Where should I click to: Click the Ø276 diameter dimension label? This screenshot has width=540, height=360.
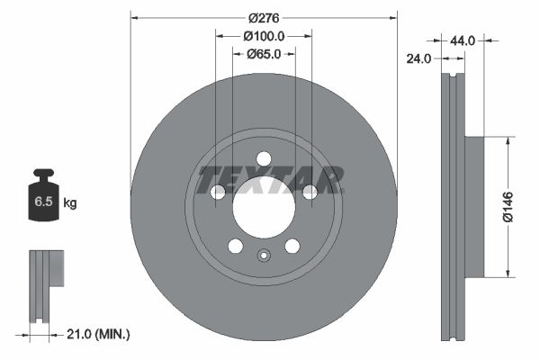(263, 17)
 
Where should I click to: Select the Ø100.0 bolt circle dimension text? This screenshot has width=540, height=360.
(264, 36)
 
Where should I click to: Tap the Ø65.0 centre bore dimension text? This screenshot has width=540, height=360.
(264, 54)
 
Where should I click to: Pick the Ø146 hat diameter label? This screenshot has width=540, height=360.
(508, 206)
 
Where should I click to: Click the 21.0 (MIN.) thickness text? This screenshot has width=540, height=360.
(99, 335)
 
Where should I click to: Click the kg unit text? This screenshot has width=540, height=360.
(70, 203)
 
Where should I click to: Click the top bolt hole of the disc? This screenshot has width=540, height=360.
(263, 158)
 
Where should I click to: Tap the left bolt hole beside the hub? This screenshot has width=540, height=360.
(217, 192)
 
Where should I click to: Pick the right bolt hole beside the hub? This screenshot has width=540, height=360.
(310, 191)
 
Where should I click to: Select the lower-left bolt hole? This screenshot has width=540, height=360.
(235, 246)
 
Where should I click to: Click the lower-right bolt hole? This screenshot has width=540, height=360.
(292, 246)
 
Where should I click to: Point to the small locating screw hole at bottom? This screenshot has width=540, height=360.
(263, 255)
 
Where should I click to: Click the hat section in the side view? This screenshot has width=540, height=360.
(473, 206)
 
